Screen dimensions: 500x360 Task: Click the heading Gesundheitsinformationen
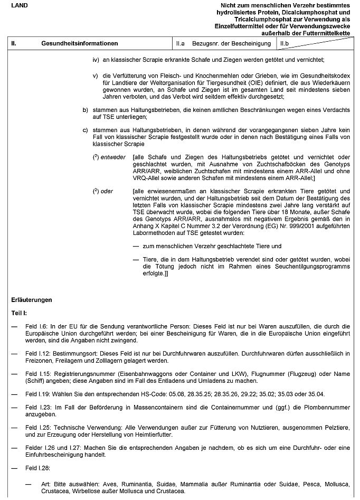coord(79,43)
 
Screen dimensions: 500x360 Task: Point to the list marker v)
coord(96,76)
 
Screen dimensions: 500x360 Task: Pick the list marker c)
coord(84,129)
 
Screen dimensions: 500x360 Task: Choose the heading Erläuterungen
coord(32,299)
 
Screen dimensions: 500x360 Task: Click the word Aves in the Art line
coord(97,484)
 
